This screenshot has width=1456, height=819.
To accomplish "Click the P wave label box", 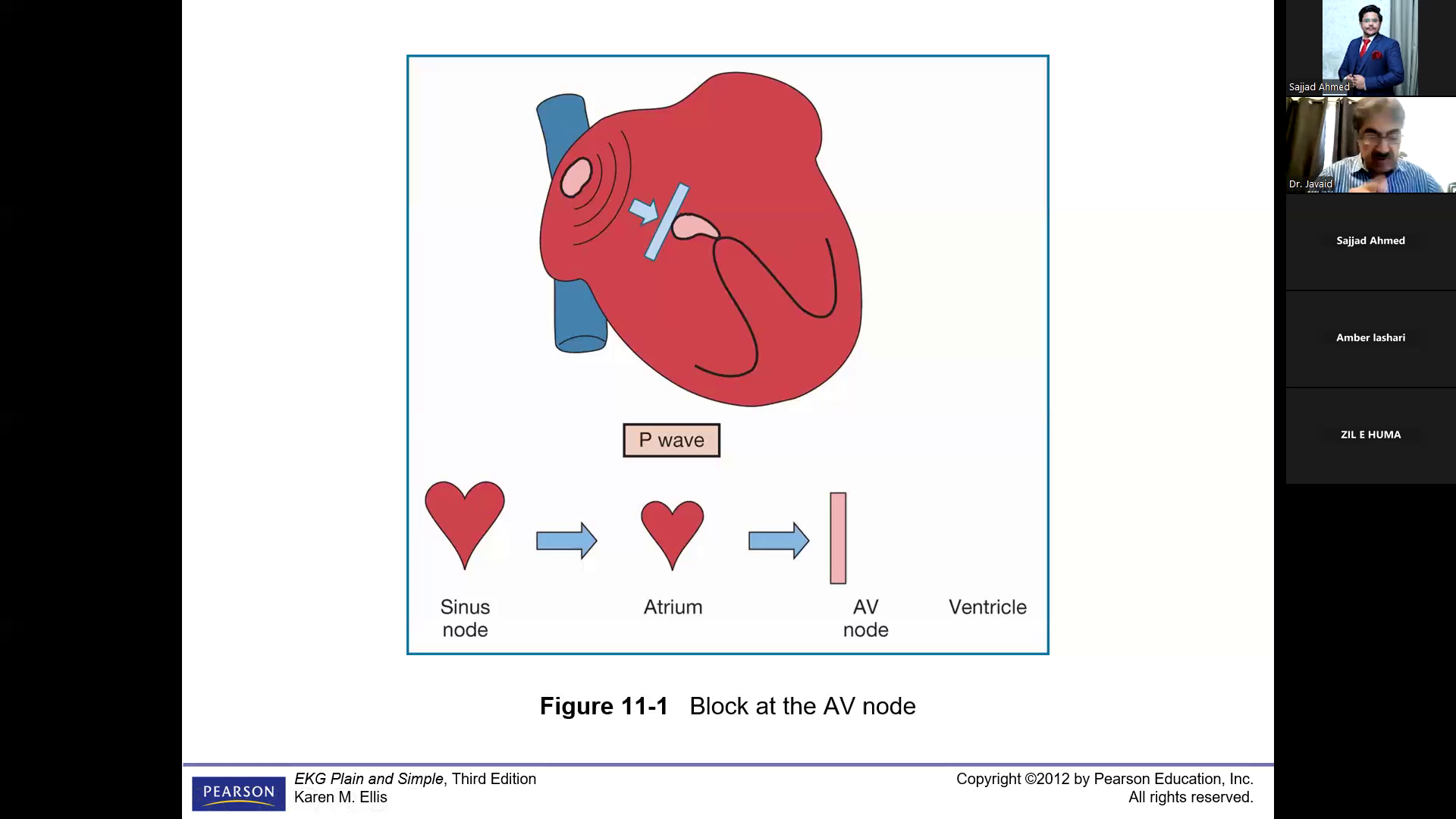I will coord(671,441).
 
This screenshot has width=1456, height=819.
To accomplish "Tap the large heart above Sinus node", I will coord(465,519).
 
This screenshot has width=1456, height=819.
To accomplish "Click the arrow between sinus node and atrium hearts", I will coord(566,540).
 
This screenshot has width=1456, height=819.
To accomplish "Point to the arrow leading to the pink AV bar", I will coord(779,540).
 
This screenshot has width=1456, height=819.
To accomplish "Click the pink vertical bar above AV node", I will coord(838,538).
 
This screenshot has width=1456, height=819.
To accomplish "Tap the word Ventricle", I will coord(987,607).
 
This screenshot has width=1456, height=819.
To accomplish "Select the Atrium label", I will coord(673,607).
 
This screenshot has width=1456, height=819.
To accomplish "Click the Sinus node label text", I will coord(465,618).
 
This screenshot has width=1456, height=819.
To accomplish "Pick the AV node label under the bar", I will coord(865,618).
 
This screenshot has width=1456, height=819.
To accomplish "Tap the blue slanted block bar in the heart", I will coord(667,221).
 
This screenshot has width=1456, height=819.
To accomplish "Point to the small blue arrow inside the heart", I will coord(644,211).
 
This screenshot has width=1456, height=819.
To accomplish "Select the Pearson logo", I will coord(238,793).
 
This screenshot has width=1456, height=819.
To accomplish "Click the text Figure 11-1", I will coord(604,706).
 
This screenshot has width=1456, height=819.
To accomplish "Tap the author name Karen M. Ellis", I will coord(340,797).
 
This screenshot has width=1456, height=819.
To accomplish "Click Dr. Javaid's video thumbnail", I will coord(1370,145).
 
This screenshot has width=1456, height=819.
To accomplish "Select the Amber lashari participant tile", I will coord(1370,338).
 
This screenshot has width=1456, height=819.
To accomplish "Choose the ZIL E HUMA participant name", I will coord(1370,435).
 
